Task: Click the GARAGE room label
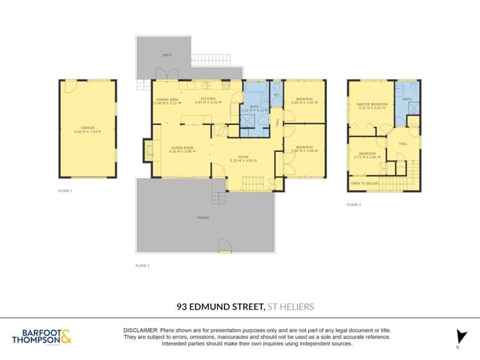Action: (x=88, y=127)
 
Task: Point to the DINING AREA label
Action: (x=168, y=99)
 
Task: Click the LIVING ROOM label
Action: (x=181, y=148)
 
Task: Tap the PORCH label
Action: (x=203, y=218)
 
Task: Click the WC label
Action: (x=276, y=95)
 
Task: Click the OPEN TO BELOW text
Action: (x=363, y=184)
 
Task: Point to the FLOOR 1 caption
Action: (x=65, y=191)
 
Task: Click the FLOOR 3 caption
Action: (x=354, y=205)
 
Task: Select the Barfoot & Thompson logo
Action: (x=41, y=336)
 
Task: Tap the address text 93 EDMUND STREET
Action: (x=220, y=307)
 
